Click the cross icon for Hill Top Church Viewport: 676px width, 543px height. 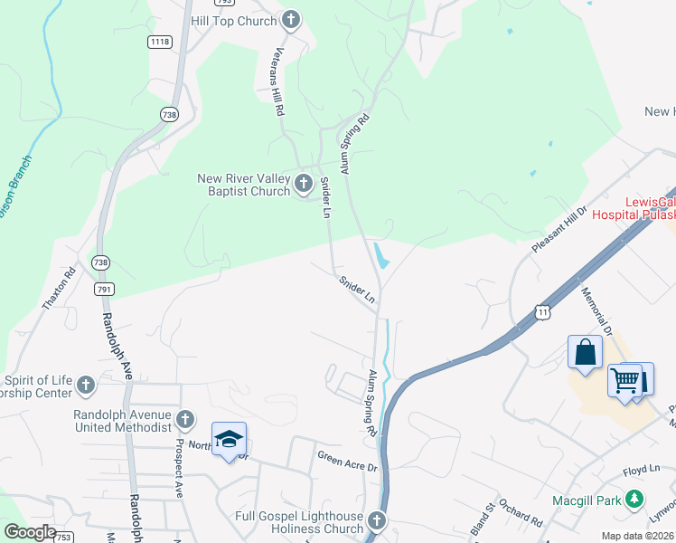tap(290, 19)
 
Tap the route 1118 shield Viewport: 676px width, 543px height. tap(160, 42)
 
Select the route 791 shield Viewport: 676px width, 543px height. tap(105, 289)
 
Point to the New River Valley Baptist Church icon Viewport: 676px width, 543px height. tap(304, 184)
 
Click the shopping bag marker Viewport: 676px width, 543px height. tap(585, 352)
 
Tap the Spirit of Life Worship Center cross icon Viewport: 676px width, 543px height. tap(86, 386)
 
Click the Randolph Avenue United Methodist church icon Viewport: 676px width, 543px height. tap(185, 419)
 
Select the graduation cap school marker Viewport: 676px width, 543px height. tap(229, 439)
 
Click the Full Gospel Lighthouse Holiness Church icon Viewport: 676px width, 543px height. tap(376, 520)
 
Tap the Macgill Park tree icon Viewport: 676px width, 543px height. tap(635, 499)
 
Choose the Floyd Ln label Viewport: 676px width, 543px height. tap(643, 472)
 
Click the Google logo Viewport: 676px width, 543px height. tap(30, 531)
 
